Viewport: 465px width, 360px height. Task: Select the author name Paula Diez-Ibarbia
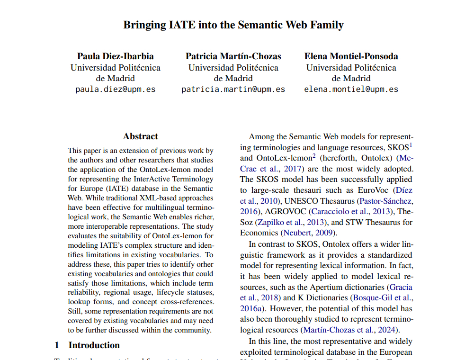116,56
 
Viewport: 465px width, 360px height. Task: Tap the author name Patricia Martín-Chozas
233,56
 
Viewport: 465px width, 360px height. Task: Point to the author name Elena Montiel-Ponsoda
351,56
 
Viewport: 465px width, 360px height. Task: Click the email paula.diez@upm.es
116,89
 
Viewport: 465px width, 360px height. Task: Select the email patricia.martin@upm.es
233,89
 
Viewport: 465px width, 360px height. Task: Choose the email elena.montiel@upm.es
351,89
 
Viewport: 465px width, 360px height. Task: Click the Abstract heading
141,136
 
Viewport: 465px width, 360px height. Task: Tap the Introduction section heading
94,345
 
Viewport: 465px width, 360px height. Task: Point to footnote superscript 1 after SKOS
411,144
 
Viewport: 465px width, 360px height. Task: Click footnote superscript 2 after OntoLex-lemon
313,155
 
